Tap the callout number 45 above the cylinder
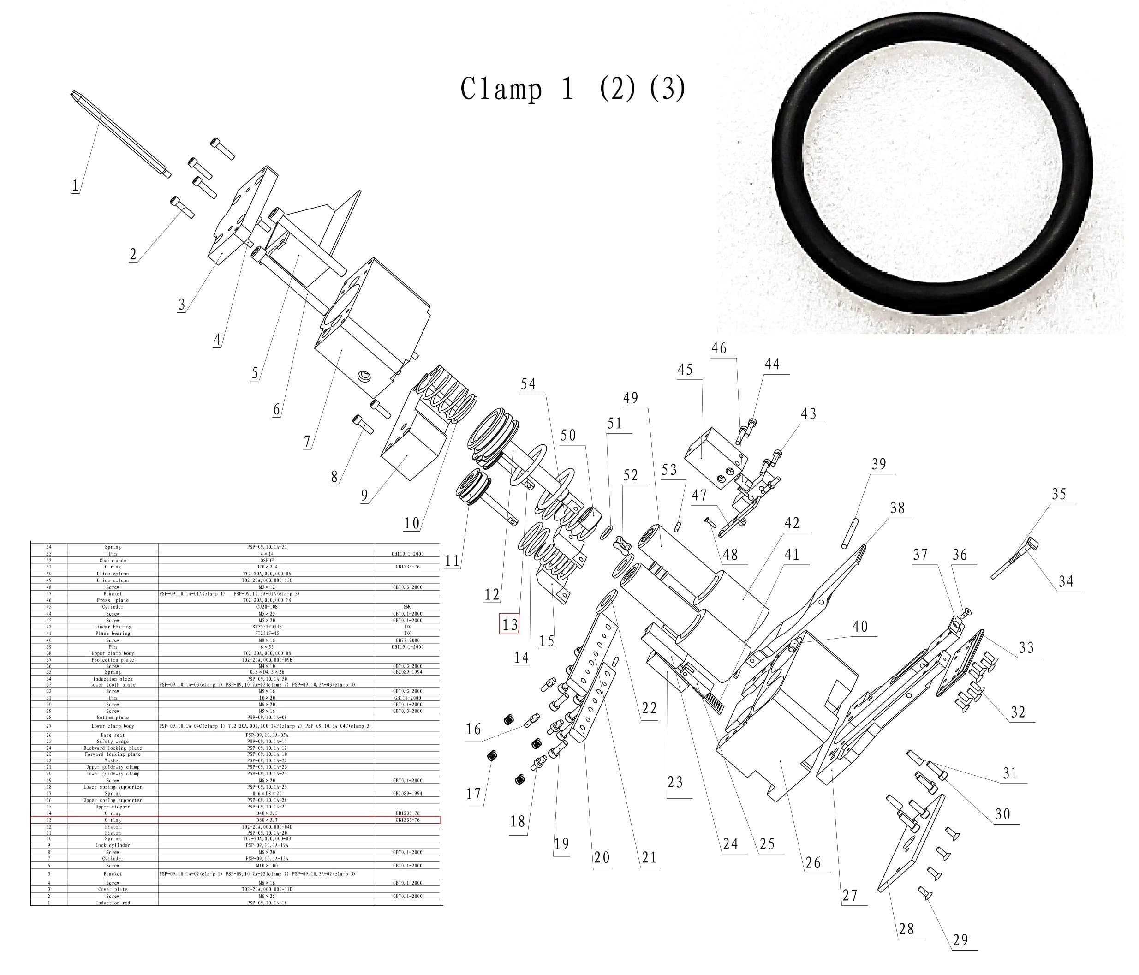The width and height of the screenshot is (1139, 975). coord(685,370)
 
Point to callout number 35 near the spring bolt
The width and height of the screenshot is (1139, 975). coord(1058,494)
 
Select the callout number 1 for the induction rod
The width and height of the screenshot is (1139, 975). coord(75,185)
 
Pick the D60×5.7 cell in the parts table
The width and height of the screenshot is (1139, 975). coord(267,820)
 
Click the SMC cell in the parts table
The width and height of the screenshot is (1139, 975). coord(407,607)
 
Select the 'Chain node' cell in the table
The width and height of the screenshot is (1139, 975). coord(113,560)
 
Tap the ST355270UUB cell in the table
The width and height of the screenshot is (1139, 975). coord(267,627)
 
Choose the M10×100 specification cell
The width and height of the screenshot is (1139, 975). coord(267,866)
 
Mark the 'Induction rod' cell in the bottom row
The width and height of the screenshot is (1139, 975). coord(113,903)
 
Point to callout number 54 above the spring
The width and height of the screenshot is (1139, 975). coord(528,384)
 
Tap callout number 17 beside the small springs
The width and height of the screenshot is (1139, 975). coord(473,794)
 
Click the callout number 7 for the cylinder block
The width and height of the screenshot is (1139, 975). coord(307,441)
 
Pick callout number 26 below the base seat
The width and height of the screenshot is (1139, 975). coord(812,863)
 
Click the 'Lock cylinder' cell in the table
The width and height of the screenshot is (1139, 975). coord(113,845)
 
